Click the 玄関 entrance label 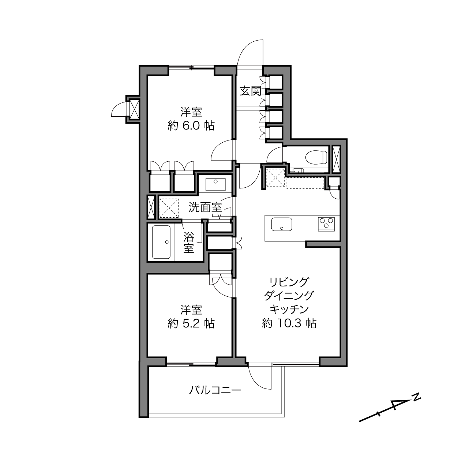[x=250, y=91]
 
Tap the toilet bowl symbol [x=316, y=157]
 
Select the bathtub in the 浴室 [x=161, y=242]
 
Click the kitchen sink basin [x=282, y=224]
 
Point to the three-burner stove [x=326, y=224]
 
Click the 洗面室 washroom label [x=205, y=207]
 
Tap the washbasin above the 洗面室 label [x=215, y=185]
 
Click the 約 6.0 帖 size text [x=191, y=126]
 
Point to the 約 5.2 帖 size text [x=191, y=323]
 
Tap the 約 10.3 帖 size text [x=289, y=323]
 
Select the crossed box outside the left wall [x=134, y=110]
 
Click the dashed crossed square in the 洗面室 [x=169, y=208]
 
